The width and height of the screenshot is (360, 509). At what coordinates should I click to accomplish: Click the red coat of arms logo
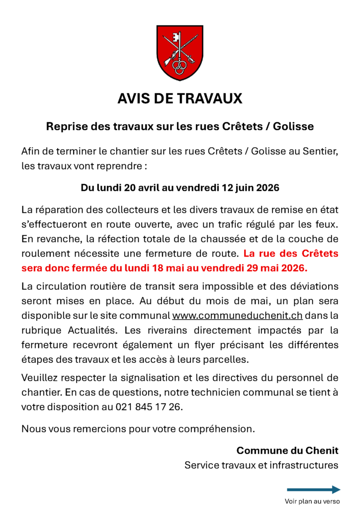pos(180,53)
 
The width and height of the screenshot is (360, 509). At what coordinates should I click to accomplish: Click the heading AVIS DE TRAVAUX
pos(180,98)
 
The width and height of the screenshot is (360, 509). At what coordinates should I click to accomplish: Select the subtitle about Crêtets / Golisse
pos(180,126)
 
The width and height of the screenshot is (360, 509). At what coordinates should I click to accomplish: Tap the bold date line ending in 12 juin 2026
pos(180,188)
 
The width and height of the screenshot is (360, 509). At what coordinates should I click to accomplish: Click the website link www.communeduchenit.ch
pos(237,316)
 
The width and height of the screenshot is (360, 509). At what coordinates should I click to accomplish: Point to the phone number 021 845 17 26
pos(149,407)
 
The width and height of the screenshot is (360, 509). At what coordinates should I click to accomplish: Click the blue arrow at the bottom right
pos(313,490)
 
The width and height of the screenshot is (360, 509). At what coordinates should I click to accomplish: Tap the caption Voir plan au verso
pos(312,502)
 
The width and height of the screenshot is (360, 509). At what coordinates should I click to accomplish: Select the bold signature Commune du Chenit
pos(287,450)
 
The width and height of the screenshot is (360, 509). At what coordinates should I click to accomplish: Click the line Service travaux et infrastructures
pos(261,465)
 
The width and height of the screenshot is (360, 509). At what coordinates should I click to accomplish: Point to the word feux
pos(327,225)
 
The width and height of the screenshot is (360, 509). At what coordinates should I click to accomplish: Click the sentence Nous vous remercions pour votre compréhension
pos(138,428)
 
